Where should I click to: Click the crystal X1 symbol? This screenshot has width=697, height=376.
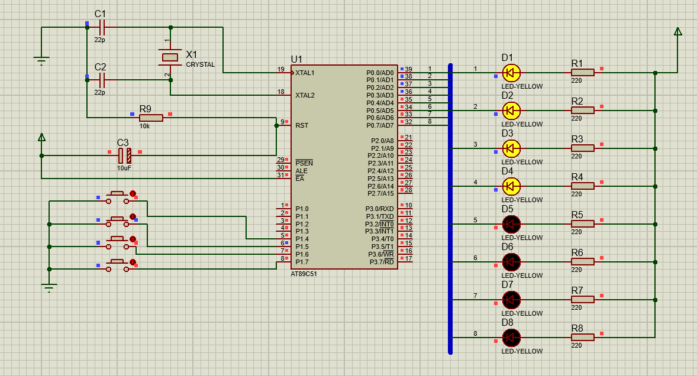170,57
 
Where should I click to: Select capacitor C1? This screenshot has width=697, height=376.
102,28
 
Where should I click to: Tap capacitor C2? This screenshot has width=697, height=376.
102,80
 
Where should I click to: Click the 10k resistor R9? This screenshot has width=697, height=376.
151,118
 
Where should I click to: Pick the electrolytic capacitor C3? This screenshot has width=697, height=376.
125,155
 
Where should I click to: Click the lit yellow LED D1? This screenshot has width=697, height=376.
511,72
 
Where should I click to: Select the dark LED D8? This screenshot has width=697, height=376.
511,338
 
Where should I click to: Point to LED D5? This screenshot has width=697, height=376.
511,224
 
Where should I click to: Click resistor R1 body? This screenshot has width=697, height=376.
583,73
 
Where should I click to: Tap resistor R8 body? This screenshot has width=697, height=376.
583,338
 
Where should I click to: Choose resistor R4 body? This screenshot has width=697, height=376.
583,186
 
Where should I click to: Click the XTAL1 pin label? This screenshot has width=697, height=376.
305,73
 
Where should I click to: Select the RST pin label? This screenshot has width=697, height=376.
302,126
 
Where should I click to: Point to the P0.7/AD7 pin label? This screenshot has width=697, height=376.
380,126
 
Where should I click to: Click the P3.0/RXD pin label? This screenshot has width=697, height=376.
380,209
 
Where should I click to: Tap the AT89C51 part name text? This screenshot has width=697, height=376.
304,274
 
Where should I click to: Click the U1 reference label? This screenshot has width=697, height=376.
296,60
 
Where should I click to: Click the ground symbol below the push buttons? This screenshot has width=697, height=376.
49,288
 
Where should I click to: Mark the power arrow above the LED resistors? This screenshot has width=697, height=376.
678,31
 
